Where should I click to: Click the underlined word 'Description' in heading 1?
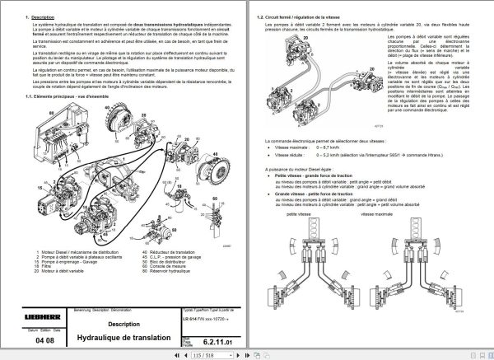click(42, 17)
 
